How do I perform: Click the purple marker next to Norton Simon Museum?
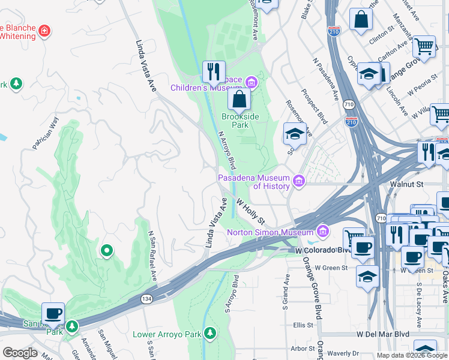[324, 231]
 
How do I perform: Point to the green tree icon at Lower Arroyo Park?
[209, 332]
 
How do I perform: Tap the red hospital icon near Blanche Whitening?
[44, 31]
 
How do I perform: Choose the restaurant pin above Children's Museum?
[214, 72]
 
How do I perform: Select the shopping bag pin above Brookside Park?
[239, 99]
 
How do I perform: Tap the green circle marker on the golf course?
[107, 250]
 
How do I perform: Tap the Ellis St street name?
[303, 325]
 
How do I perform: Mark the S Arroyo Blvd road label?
[232, 293]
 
